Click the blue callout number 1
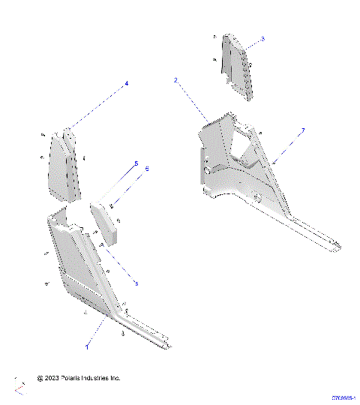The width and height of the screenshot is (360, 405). (87, 348)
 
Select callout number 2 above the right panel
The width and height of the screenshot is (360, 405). (175, 79)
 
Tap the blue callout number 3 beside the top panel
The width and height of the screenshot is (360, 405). (262, 38)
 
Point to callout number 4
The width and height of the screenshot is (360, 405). (126, 83)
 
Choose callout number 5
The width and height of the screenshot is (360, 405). (136, 163)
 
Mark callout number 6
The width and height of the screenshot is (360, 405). (147, 169)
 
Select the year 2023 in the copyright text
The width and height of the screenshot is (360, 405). (51, 379)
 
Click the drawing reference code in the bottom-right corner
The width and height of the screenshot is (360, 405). (343, 398)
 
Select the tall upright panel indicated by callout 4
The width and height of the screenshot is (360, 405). (66, 169)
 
